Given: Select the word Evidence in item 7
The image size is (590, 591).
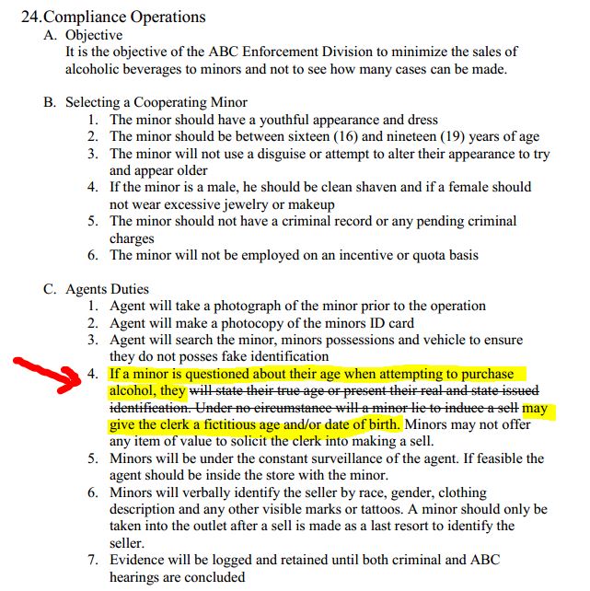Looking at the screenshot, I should (140, 560).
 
